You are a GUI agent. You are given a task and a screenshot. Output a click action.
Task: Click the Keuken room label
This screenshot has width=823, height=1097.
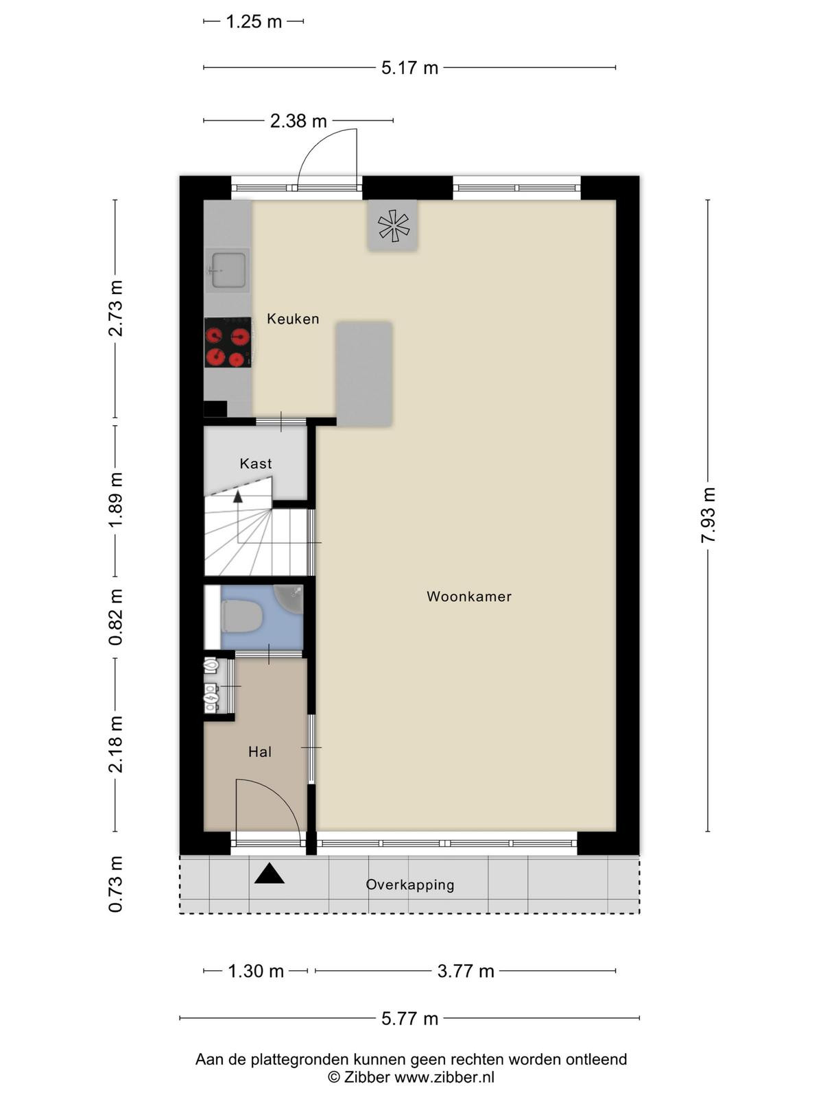[x=293, y=319]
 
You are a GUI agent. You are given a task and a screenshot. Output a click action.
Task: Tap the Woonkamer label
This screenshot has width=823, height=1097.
[x=469, y=596]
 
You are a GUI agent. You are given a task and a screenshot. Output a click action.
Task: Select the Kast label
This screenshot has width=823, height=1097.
[x=256, y=463]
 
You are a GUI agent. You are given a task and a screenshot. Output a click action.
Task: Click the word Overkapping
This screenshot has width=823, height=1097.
[x=410, y=885]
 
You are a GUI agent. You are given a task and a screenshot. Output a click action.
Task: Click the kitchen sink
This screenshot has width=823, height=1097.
[x=228, y=270]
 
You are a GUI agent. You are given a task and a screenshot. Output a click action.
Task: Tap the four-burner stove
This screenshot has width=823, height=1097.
[x=228, y=342]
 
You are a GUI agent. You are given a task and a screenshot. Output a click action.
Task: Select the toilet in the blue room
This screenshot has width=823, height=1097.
[x=241, y=616]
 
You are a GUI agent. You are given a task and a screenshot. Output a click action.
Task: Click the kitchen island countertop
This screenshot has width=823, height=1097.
[x=364, y=374]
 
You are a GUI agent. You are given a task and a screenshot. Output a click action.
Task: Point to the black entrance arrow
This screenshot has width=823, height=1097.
[x=270, y=873]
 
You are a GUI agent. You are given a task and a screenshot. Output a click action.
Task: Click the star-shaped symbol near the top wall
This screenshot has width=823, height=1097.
[x=394, y=226]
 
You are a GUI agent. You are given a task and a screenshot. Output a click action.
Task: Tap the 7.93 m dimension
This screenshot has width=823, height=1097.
[x=708, y=515]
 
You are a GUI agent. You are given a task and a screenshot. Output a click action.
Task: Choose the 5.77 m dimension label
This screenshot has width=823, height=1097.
[x=409, y=1018]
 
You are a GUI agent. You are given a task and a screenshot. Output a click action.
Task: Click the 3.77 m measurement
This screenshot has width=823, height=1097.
[x=466, y=971]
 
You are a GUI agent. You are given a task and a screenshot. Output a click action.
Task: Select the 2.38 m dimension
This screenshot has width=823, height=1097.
[x=298, y=121]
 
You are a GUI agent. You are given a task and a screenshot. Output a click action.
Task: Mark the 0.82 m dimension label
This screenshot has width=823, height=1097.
[x=115, y=617]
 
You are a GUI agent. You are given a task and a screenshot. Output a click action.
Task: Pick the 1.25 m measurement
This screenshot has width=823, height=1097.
[x=254, y=22]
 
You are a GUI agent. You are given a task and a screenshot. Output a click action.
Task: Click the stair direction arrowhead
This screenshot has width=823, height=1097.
[x=238, y=496]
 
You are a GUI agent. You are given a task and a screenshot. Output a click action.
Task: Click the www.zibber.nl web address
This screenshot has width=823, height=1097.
[x=444, y=1077]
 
